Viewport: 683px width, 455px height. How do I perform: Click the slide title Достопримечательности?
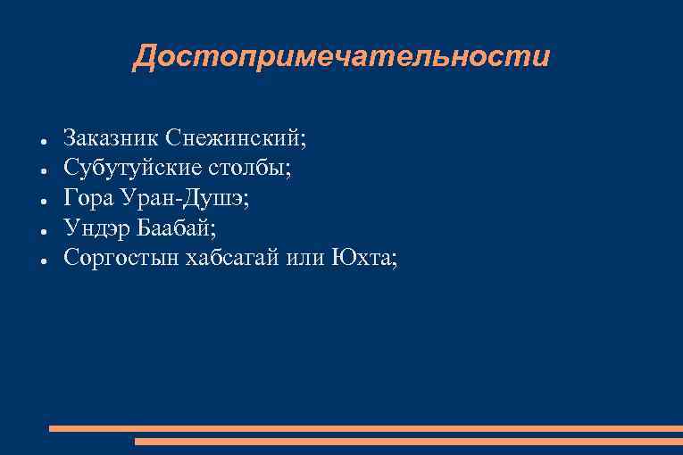tap(341, 57)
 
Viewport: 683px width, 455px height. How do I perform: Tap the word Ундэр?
tap(97, 227)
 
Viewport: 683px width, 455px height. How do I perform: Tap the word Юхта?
tap(363, 257)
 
